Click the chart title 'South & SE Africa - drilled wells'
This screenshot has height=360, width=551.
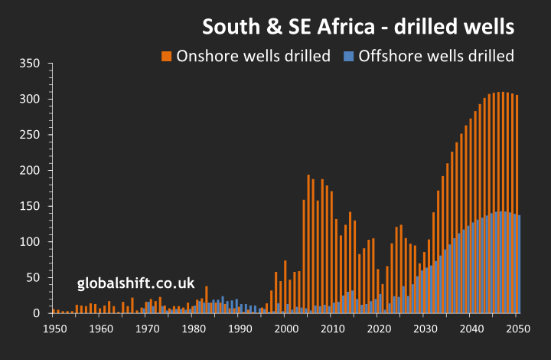coord(357,27)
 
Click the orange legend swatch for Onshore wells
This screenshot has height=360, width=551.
coord(166,56)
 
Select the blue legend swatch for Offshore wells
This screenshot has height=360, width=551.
coord(349,56)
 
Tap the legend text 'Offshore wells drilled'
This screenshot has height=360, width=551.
coord(436,56)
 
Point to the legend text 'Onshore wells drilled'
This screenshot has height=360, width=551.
coord(253,56)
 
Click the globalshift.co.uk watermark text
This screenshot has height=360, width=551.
coord(136,283)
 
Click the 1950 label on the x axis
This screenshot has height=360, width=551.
coord(54,329)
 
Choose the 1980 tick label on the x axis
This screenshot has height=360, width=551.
coord(193,329)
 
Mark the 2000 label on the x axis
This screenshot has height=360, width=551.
coord(285,329)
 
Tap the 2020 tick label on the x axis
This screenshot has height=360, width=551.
coord(378,329)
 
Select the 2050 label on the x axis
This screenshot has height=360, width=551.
coord(517,329)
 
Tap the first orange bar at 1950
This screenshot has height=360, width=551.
coord(54,311)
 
